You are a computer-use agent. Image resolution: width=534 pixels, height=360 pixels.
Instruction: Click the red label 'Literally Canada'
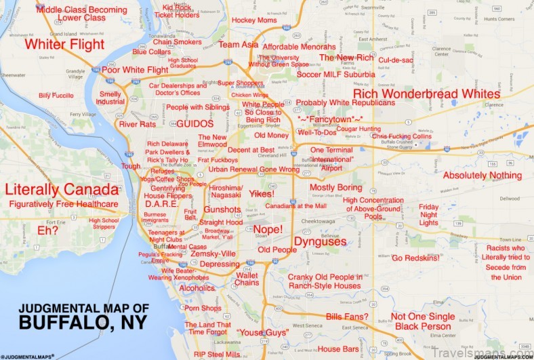point(60,189)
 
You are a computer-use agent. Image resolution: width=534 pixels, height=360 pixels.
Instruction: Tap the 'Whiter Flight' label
point(64,45)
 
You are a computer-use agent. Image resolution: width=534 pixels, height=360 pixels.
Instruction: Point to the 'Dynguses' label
point(320,241)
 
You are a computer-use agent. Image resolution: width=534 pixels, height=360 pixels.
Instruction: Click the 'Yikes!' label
point(261,194)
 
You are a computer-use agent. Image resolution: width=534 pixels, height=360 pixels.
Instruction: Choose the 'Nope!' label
point(268,229)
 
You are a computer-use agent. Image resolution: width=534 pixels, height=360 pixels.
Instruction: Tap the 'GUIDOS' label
point(195,124)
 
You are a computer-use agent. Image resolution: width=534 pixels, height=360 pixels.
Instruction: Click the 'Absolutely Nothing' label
point(482,176)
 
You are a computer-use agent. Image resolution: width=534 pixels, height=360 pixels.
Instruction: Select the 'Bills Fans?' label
point(347,317)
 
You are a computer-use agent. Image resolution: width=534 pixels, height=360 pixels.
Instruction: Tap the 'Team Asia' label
point(238,45)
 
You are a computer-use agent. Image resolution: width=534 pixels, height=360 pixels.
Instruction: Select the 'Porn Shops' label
point(203,308)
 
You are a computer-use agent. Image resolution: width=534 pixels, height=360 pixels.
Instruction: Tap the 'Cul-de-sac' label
point(396,60)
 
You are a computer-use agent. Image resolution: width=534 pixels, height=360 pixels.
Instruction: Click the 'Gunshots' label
point(222,209)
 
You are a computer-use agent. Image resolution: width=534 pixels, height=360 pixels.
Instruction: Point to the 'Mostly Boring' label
point(336,187)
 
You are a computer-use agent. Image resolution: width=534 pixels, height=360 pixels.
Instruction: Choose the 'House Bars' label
point(337,349)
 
